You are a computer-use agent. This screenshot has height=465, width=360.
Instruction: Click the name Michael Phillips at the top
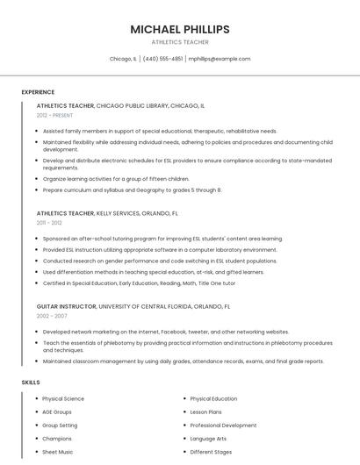pos(180,29)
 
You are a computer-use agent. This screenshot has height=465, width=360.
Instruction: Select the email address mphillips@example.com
pos(220,59)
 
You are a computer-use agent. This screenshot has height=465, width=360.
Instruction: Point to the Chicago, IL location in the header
pos(123,59)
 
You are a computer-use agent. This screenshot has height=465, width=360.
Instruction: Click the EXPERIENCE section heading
pos(38,92)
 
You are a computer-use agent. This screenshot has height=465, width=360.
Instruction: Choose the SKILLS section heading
pos(31,383)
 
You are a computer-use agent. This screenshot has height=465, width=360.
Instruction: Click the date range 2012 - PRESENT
pos(56,115)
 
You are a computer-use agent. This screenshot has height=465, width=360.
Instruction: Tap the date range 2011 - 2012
pos(49,223)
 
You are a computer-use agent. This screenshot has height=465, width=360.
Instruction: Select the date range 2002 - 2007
pos(52,315)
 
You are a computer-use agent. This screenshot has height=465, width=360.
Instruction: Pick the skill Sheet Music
pos(58,451)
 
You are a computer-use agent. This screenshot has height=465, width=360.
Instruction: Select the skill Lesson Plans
pos(205,411)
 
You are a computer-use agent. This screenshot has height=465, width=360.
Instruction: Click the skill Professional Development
pos(223,425)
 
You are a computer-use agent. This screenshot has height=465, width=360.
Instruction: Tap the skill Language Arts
pos(208,438)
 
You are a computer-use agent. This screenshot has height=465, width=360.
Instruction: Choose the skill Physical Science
pos(63,398)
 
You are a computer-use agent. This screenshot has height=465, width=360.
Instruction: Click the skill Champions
pos(57,438)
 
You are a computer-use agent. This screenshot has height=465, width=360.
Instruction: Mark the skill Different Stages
pos(210,451)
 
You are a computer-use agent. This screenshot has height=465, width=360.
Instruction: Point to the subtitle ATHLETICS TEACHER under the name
pos(180,42)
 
